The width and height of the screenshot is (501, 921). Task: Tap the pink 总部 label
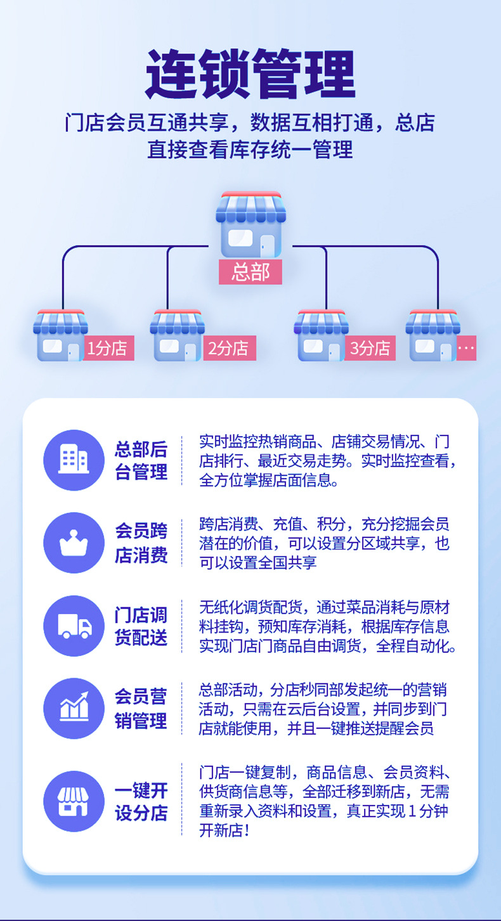(251, 272)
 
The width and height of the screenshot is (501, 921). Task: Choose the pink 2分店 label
(229, 348)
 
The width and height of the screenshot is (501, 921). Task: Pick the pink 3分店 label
(371, 348)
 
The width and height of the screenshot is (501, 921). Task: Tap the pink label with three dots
(466, 348)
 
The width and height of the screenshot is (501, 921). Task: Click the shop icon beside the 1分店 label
(59, 336)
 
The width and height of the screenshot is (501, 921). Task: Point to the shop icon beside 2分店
(176, 336)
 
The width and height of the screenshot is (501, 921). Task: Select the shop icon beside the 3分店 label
(321, 336)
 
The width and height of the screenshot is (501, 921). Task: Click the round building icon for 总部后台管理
(74, 460)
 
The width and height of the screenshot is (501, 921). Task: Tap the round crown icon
(74, 543)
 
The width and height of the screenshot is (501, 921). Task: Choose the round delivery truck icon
(74, 626)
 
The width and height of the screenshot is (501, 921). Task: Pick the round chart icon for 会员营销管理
(74, 708)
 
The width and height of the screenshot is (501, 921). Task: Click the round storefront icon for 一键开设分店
(74, 801)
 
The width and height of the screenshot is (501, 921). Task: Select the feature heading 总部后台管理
(141, 460)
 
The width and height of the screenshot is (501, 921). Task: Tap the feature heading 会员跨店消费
(141, 543)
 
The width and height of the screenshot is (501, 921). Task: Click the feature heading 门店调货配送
(141, 626)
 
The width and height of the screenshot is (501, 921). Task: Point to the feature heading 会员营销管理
(141, 709)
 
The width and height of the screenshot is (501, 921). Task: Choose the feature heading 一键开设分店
(141, 802)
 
